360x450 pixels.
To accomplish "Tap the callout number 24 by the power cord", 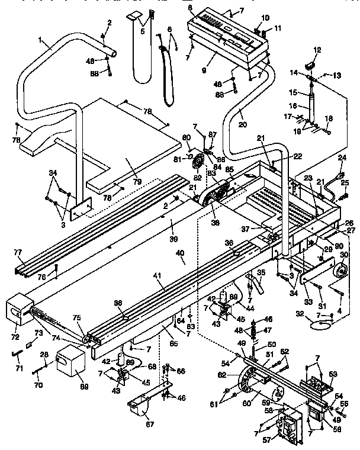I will pyautogui.click(x=341, y=157).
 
